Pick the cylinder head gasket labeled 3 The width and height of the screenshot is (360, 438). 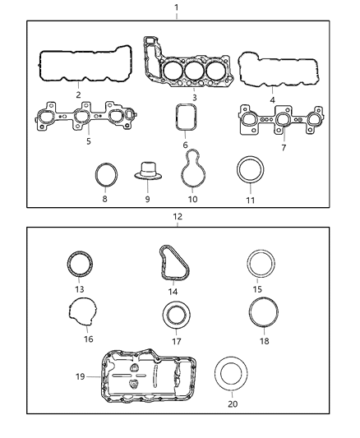(192, 69)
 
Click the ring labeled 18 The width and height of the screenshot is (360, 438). (261, 315)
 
